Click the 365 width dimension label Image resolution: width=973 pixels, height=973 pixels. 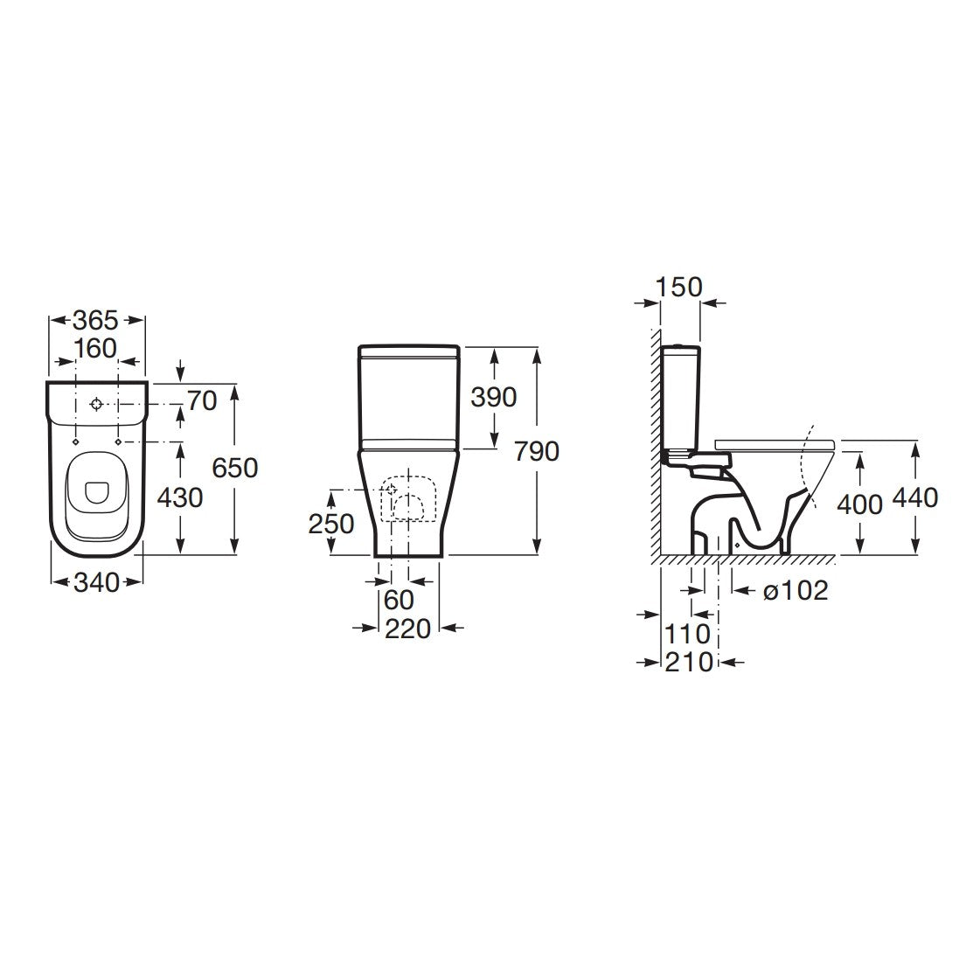tap(95, 320)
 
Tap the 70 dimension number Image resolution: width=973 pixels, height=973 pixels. tap(202, 401)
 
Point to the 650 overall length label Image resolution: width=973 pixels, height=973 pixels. tap(234, 467)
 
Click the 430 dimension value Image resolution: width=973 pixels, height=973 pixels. tap(180, 497)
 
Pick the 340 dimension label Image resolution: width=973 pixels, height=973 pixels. tap(96, 582)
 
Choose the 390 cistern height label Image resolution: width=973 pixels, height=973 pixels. tap(493, 397)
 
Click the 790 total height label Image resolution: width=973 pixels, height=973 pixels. tap(537, 451)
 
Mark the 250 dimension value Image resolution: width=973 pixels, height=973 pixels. tap(331, 524)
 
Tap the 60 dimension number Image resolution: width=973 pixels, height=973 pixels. tap(399, 600)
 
